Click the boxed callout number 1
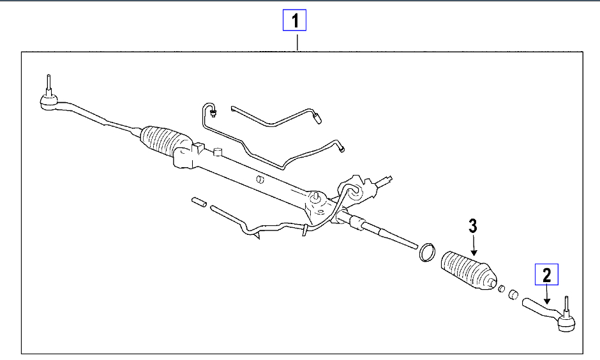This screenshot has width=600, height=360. click(295, 22)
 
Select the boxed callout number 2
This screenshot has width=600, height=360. click(546, 274)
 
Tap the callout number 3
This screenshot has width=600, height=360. click(472, 225)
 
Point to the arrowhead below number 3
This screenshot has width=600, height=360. click(474, 253)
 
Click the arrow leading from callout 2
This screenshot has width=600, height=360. click(548, 294)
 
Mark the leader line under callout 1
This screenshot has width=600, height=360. click(298, 41)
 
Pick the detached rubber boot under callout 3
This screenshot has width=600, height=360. click(468, 271)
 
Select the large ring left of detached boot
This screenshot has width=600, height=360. click(426, 251)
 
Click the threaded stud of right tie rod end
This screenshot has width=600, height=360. click(566, 304)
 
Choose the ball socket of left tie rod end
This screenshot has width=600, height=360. click(48, 101)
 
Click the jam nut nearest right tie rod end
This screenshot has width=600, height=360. click(512, 294)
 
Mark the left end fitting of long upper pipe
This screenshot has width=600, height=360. click(214, 114)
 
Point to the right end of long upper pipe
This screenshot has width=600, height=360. click(343, 150)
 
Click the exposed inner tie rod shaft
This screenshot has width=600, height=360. click(389, 232)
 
